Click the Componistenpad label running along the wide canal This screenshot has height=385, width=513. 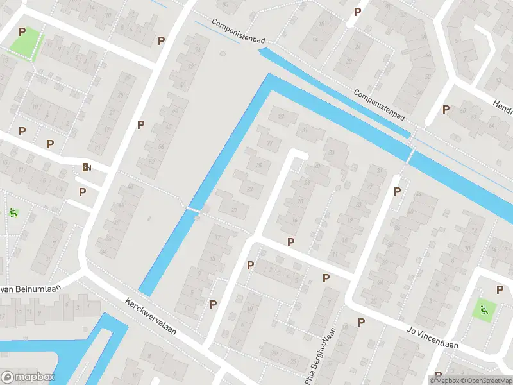pyautogui.click(x=380, y=105)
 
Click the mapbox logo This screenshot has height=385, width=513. pyautogui.click(x=28, y=377)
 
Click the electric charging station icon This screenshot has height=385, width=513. pyautogui.click(x=87, y=168)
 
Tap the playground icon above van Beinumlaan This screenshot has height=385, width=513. pyautogui.click(x=12, y=212)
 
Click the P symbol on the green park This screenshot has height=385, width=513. pyautogui.click(x=22, y=31)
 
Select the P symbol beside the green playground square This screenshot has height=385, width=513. pyautogui.click(x=500, y=290)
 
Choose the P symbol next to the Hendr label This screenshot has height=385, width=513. pyautogui.click(x=446, y=110)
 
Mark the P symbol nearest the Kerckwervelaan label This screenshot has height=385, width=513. pyautogui.click(x=213, y=304)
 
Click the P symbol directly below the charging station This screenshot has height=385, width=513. pyautogui.click(x=82, y=192)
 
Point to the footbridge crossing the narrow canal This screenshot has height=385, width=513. pyautogui.click(x=194, y=210)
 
